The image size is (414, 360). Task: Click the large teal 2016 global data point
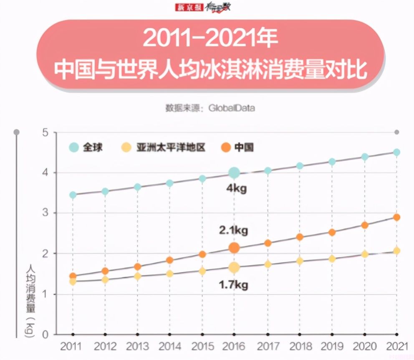234,172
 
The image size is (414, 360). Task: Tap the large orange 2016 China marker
234,248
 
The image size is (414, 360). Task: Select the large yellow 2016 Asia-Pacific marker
234,267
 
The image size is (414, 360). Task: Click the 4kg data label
236,188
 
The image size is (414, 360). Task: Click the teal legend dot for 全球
74,147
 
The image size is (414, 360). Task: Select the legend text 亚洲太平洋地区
171,147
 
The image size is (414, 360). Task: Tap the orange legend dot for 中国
226,147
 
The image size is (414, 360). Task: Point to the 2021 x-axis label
396,347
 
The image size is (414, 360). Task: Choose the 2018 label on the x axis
299,347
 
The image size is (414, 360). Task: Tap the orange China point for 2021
396,217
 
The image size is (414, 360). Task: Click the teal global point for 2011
73,195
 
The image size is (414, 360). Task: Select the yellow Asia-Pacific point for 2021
396,251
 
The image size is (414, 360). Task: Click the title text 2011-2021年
210,38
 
